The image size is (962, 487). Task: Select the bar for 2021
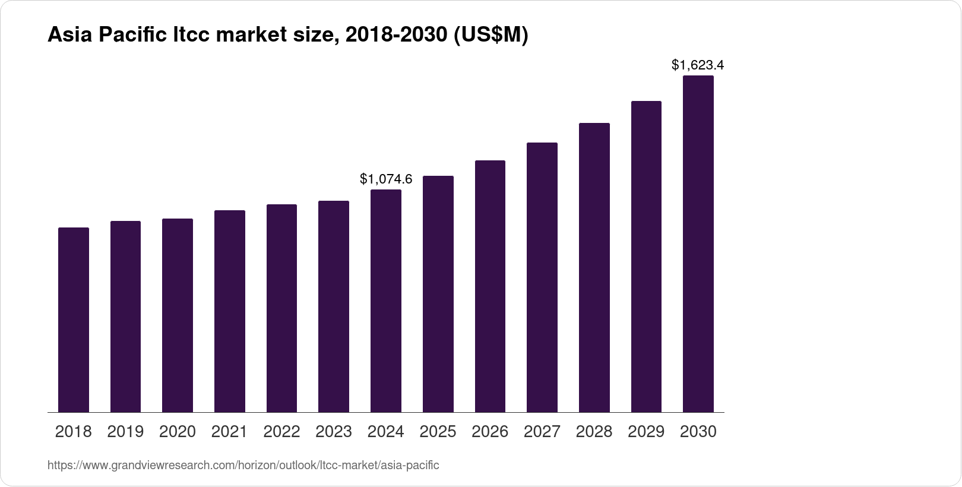230,311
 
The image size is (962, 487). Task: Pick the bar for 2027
542,277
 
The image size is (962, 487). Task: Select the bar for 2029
646,257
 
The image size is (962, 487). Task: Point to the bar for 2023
334,306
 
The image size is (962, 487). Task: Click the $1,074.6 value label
386,179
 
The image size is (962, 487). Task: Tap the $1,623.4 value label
698,65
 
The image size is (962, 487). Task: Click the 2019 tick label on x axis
125,432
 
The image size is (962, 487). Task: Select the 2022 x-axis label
281,432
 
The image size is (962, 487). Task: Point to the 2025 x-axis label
438,432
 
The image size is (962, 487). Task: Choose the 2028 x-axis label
594,432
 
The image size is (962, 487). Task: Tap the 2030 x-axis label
698,432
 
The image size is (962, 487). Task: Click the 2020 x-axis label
178,432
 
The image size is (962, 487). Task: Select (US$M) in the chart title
491,36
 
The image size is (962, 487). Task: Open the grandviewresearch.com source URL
243,465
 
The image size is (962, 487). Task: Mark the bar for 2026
490,286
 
